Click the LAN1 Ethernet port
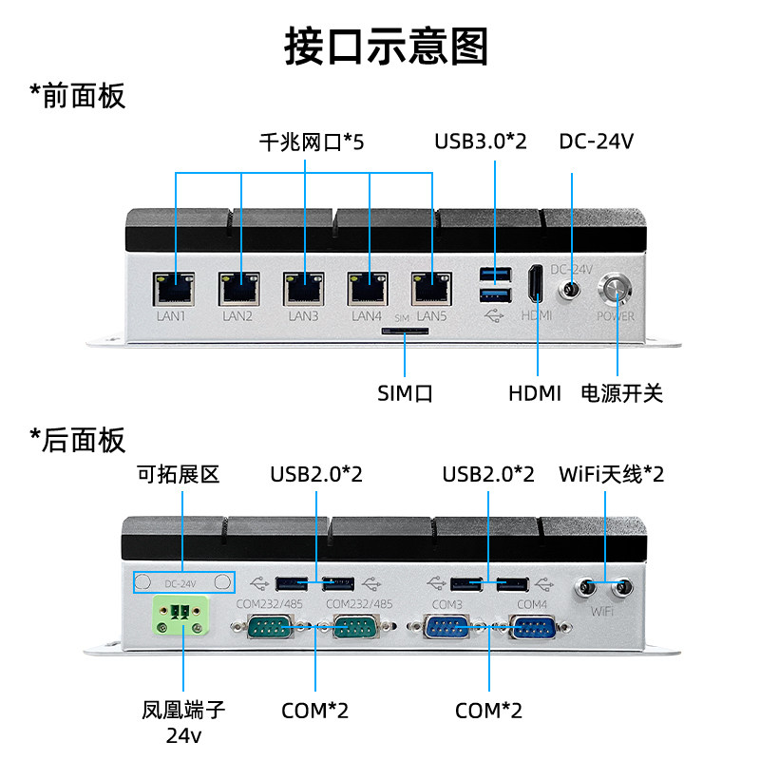pos(174,289)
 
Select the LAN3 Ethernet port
pos(304,289)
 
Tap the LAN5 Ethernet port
pos(432,289)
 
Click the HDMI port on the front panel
pos(536,283)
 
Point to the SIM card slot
pos(406,332)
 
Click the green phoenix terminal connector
pos(181,616)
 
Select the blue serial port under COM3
pos(446,627)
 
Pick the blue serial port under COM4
pos(532,627)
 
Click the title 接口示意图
pos(387,47)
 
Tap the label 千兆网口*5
pos(312,142)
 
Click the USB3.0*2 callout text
pos(481,142)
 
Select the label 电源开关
pos(622,393)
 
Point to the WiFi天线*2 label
pos(611,474)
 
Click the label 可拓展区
pos(178,474)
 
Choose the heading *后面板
pos(78,440)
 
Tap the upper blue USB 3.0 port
pos(495,274)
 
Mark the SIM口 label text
pos(405,393)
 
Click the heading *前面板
pos(78,96)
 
